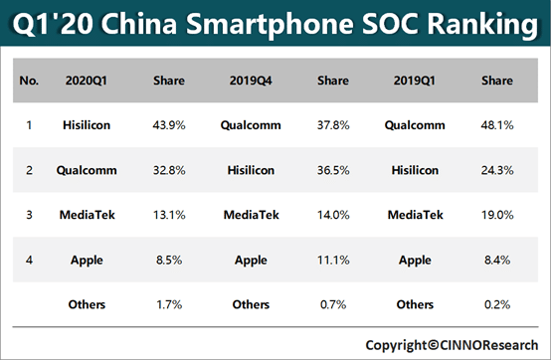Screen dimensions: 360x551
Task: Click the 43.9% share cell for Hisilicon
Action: (x=168, y=125)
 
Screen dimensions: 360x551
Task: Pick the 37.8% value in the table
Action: (x=331, y=125)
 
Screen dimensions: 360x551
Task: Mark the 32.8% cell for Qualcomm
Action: (x=168, y=170)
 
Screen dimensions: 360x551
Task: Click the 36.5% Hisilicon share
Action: (x=331, y=170)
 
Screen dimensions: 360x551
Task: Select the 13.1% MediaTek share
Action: (x=168, y=215)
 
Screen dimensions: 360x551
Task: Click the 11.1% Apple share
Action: (x=331, y=260)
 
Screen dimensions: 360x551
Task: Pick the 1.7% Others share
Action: (x=168, y=303)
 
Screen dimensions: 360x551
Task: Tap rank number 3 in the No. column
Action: (x=30, y=215)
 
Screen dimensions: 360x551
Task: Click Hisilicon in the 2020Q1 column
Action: (x=87, y=125)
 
